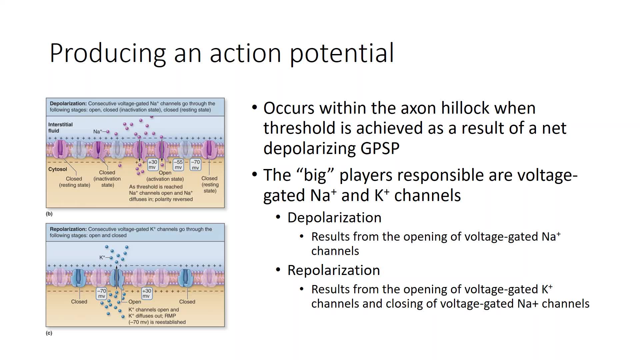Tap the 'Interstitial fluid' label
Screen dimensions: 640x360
point(60,128)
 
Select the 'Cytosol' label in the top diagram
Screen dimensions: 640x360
point(58,169)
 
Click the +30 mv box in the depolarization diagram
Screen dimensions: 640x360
point(152,165)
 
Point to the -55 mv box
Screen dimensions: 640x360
point(178,165)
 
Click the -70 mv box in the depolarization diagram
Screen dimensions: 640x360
point(196,165)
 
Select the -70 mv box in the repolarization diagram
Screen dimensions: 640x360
point(101,293)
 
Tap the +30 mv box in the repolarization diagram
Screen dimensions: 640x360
point(147,293)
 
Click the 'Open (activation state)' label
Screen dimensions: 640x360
point(165,176)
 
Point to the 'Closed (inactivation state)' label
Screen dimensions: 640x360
point(107,179)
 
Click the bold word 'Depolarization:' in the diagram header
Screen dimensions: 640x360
point(68,104)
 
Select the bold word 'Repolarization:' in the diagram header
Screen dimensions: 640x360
point(68,229)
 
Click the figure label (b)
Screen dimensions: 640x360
point(49,214)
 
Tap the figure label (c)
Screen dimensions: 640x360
point(49,333)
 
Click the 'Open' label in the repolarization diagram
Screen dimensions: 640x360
point(135,302)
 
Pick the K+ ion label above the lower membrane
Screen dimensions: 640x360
point(102,257)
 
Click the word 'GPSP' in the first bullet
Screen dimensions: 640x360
point(380,148)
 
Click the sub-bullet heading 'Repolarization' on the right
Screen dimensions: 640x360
point(334,270)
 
